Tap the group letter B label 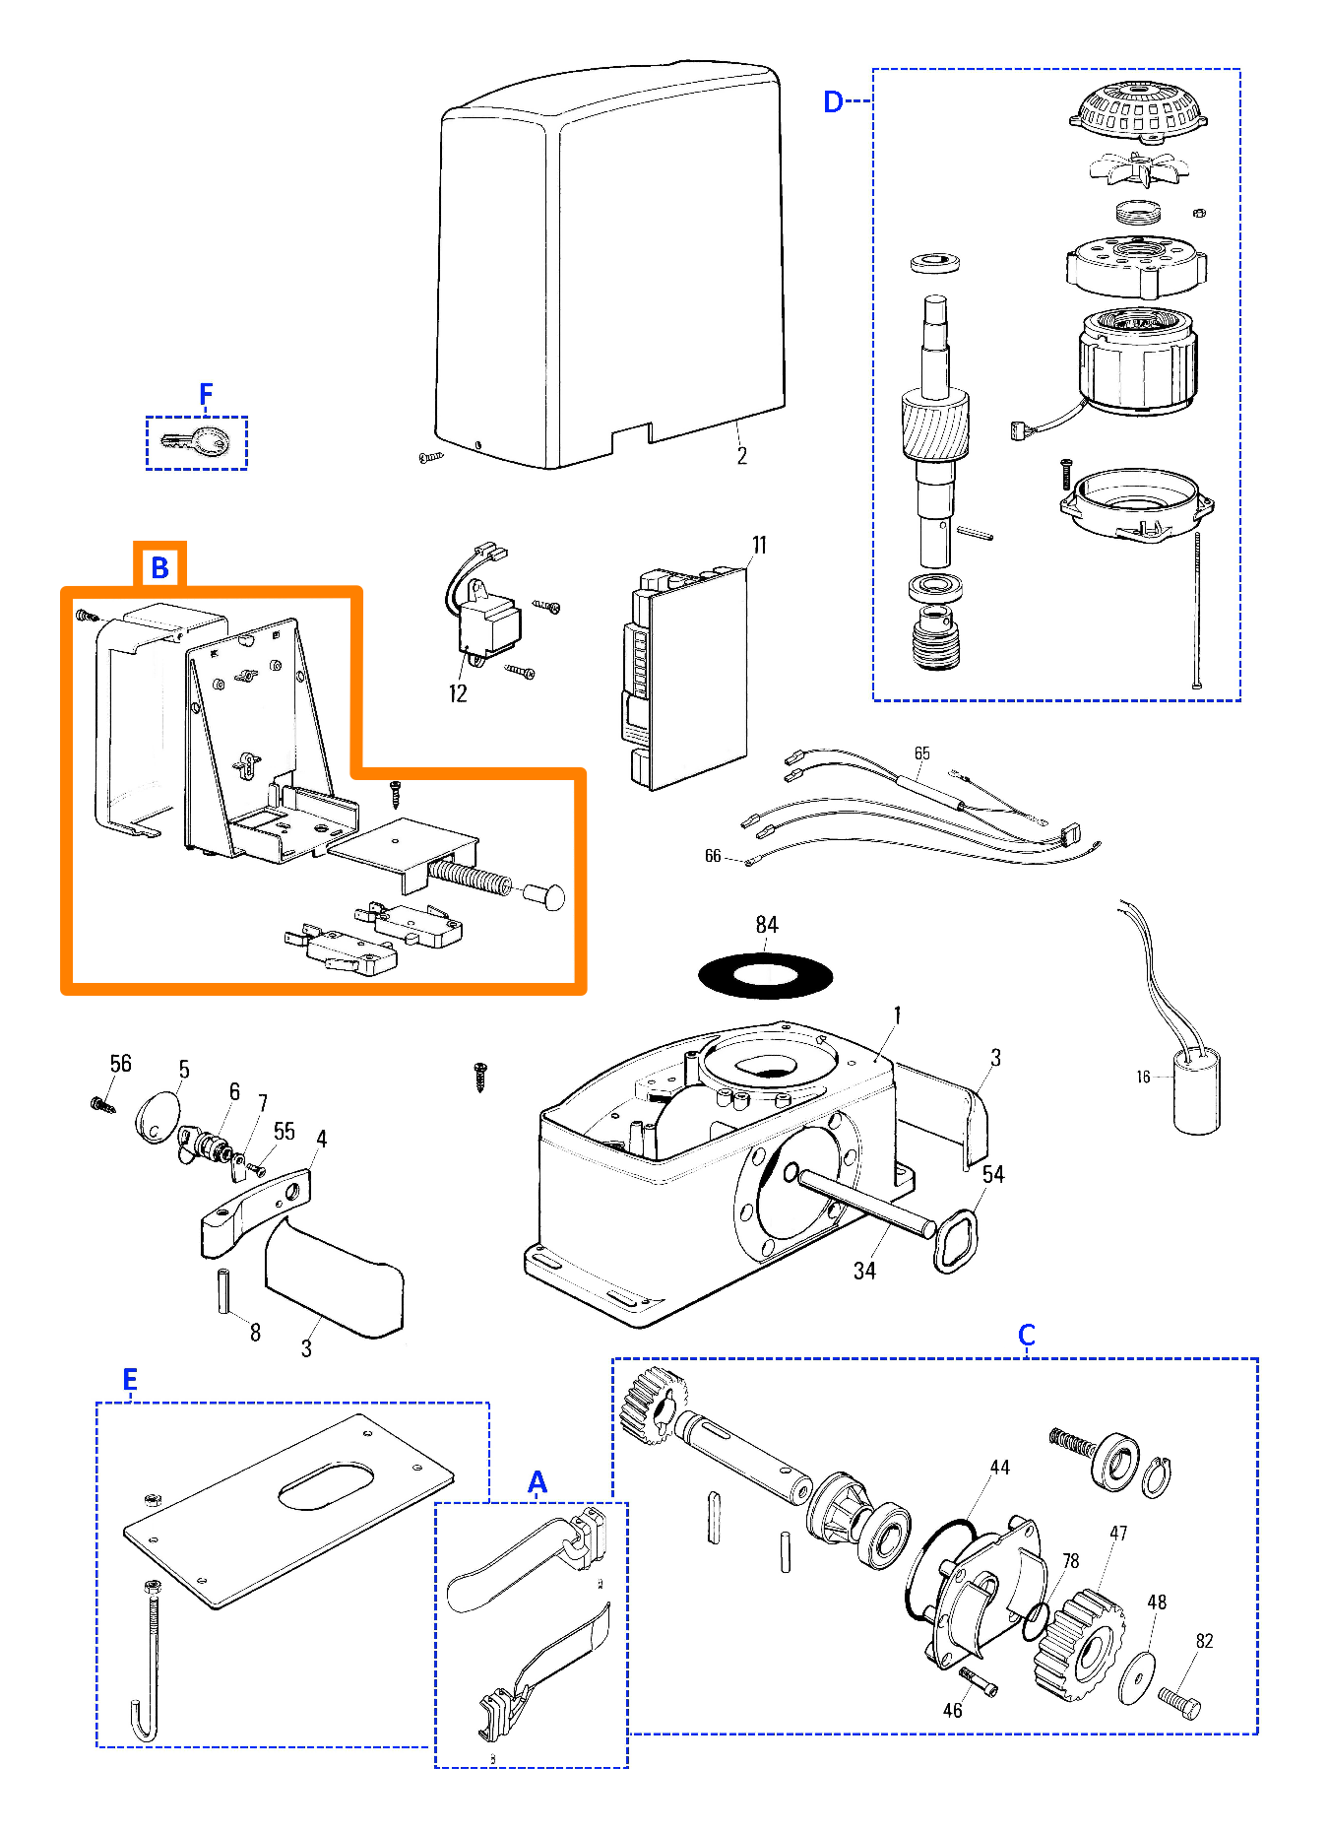159,568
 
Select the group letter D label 833,101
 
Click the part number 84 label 767,925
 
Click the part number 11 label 759,546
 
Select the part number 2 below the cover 742,456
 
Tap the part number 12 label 458,694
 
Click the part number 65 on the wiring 921,753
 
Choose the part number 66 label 713,857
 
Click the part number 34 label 864,1272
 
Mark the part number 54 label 993,1174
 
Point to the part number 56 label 120,1064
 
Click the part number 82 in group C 1204,1641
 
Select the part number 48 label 1157,1603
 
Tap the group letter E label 130,1380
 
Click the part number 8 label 255,1333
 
